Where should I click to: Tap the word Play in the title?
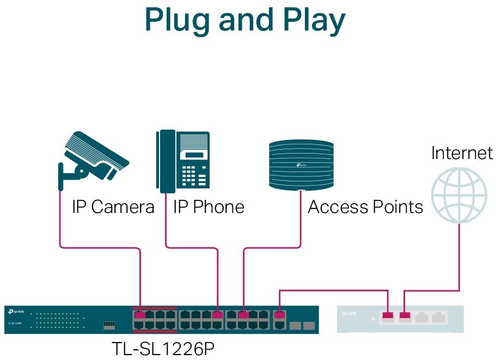pos(313,20)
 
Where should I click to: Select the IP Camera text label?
pos(113,207)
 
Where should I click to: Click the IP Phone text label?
pos(209,207)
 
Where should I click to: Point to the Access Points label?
pos(365,207)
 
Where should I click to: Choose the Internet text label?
pos(462,153)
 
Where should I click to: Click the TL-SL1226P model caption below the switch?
pos(163,347)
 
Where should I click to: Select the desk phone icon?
pos(182,162)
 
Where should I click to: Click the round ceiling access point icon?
pos(301,164)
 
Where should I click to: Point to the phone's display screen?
pos(194,155)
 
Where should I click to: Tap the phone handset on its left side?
pos(166,162)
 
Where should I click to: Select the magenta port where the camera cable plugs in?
pos(140,314)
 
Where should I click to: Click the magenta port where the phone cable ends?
pos(217,314)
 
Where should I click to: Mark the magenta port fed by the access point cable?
pos(243,314)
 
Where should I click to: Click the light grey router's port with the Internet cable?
pos(404,315)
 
